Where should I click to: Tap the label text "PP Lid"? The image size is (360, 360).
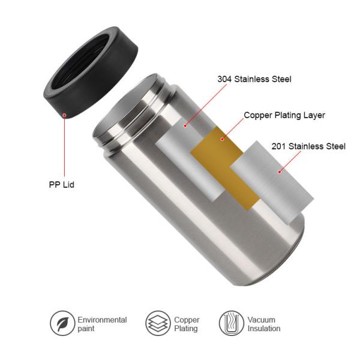tap(61, 185)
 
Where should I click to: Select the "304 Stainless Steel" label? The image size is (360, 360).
tap(254, 79)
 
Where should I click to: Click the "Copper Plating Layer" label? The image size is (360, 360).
tap(284, 115)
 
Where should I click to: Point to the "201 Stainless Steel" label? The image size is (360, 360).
tap(308, 146)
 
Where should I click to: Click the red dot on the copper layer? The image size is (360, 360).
tap(221, 139)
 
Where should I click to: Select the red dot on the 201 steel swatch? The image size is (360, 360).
tap(279, 172)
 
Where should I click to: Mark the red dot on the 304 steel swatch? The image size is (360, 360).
tap(185, 126)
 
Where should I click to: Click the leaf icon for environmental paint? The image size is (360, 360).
tap(62, 323)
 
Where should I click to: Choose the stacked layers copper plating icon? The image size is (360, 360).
tap(158, 323)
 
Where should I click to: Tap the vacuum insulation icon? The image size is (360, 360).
tap(231, 323)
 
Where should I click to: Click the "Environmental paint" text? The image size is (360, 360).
tap(102, 324)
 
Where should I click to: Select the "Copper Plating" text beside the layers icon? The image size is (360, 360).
tap(186, 324)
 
